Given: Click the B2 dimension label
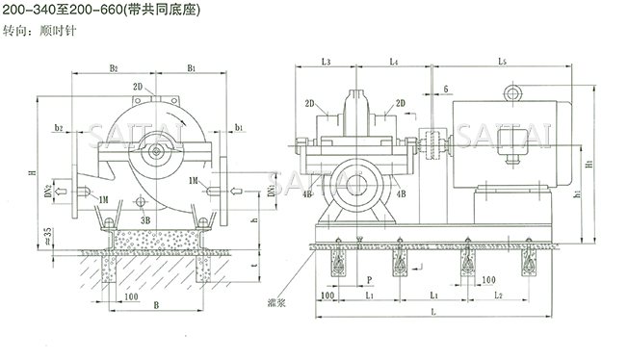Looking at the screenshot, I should [113, 68].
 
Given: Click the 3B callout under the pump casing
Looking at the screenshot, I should [144, 219].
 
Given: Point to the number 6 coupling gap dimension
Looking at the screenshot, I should [446, 89].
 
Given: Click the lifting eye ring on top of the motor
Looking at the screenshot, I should [510, 93].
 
